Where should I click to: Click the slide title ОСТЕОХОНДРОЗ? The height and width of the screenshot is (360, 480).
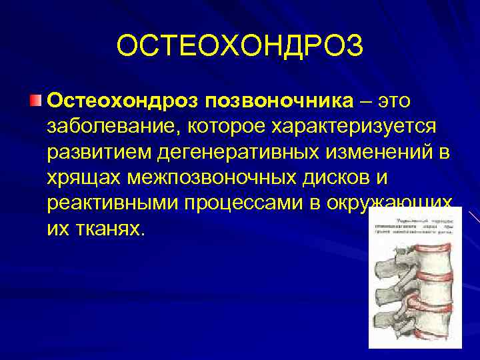(x=240, y=46)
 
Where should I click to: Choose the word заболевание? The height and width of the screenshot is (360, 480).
(x=113, y=126)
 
